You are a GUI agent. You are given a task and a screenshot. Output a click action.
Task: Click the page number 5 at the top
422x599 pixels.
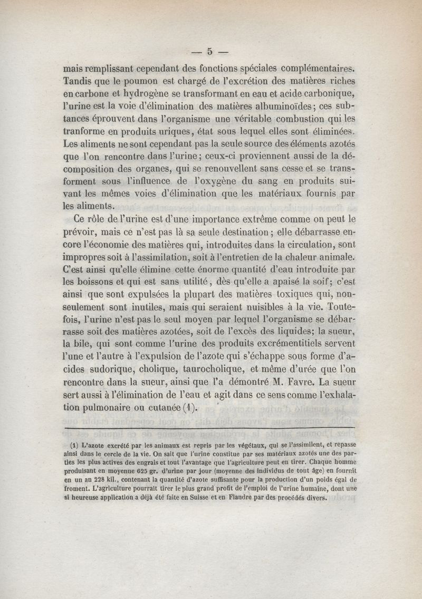coord(209,51)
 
